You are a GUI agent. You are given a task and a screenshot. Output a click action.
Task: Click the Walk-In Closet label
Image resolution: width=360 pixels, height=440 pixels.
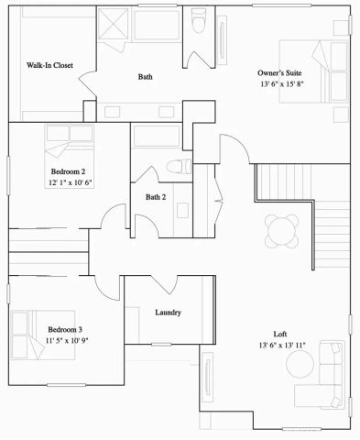(x=49, y=65)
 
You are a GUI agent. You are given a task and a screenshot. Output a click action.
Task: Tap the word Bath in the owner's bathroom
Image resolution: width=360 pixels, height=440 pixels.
(x=145, y=77)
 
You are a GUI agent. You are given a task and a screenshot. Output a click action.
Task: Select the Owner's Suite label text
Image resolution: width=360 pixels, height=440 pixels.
(x=280, y=72)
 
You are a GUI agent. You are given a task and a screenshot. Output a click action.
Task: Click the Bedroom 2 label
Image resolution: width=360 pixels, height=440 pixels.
(x=67, y=171)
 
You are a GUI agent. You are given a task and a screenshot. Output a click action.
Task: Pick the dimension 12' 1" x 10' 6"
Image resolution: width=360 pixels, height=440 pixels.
(x=71, y=182)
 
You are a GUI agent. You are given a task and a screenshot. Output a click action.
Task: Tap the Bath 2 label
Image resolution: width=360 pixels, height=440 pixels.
(x=156, y=197)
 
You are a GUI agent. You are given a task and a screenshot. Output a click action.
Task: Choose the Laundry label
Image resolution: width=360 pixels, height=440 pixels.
(x=168, y=313)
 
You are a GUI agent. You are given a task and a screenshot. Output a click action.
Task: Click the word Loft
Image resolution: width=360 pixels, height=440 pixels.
(x=281, y=334)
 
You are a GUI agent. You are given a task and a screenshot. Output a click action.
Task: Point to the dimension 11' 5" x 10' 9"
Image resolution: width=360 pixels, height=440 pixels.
(x=68, y=340)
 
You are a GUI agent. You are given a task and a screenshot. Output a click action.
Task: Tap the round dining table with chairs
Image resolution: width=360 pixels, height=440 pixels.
(x=280, y=226)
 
